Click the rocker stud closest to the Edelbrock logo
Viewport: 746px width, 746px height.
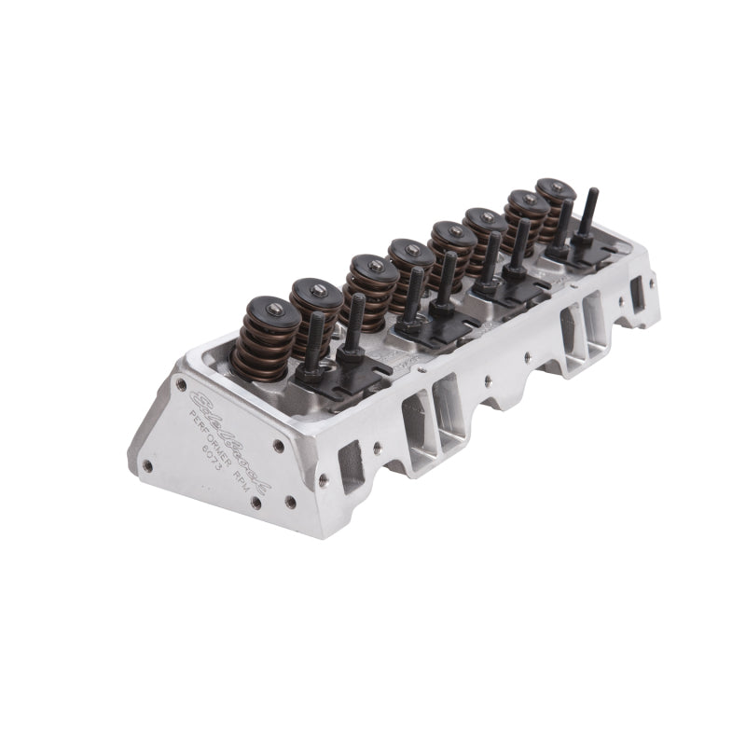tap(315, 341)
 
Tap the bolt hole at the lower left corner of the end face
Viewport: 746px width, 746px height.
tap(147, 464)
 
